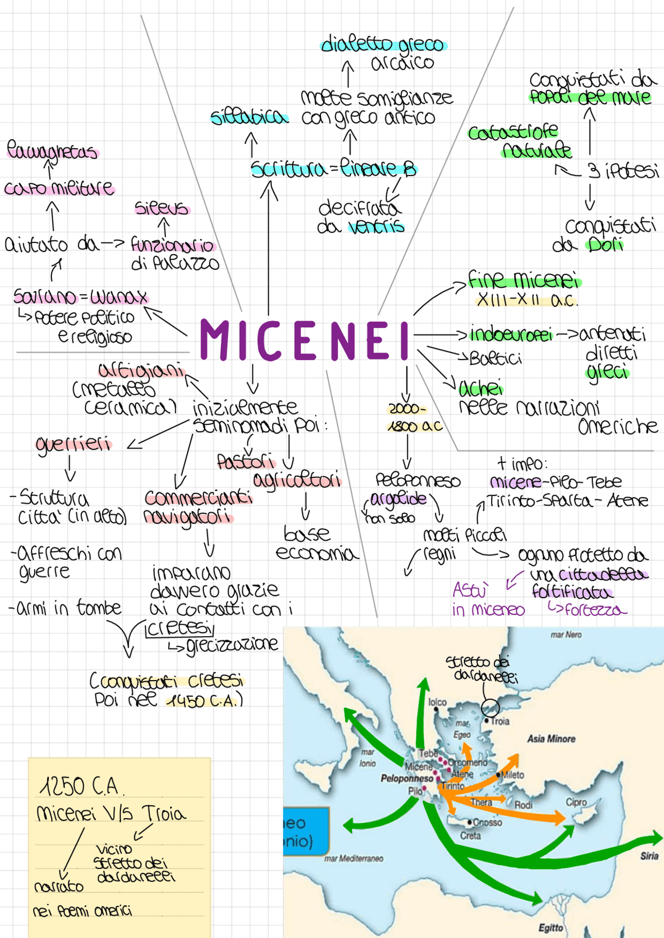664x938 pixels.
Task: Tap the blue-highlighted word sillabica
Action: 249,117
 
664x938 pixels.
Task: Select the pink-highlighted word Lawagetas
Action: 52,151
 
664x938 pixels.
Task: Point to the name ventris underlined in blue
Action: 376,227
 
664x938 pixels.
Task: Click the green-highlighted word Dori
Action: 605,244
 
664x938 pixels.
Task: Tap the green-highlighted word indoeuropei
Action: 511,335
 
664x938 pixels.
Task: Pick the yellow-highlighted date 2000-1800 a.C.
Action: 414,418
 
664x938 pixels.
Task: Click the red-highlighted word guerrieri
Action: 73,445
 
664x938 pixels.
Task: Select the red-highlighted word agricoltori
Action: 297,480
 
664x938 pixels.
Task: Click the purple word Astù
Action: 470,590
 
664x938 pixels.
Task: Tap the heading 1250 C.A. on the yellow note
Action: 81,787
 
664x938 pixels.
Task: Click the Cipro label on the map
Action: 576,802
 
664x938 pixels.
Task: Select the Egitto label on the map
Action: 550,928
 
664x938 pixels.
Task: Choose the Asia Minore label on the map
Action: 551,739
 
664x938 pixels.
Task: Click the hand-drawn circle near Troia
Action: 490,707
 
